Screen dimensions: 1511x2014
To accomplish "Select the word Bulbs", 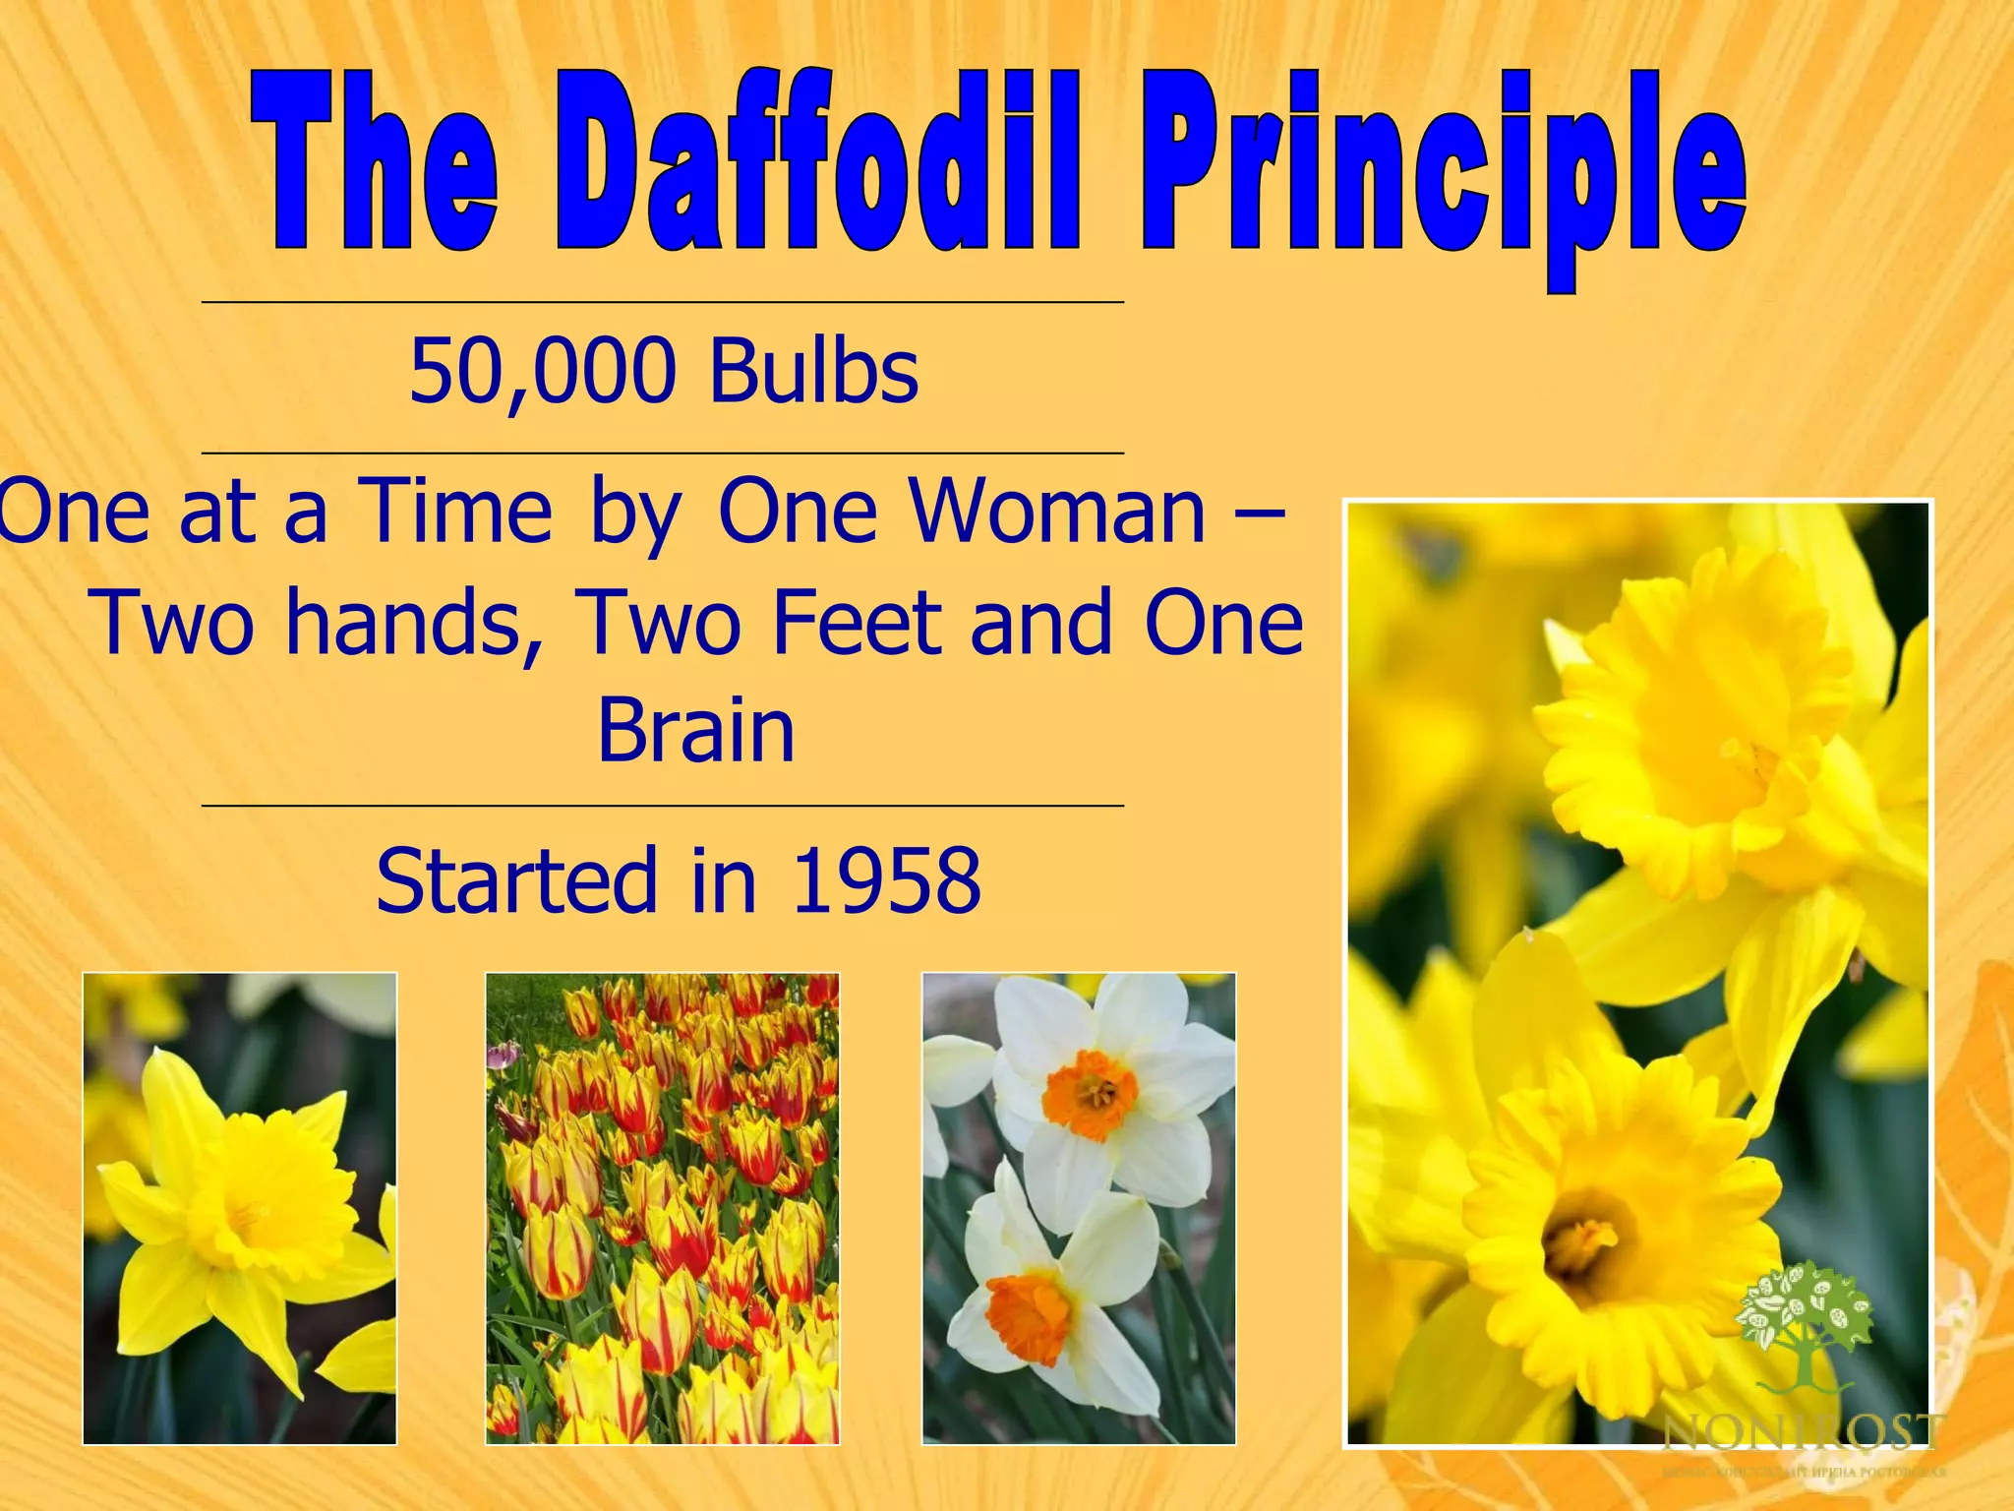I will click(x=814, y=371).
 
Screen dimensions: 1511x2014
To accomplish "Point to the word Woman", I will click(x=1056, y=512).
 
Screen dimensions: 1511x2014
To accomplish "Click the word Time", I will click(x=454, y=512).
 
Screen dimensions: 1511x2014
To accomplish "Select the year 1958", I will click(x=886, y=879).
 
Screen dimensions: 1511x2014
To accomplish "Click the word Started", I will click(x=517, y=879).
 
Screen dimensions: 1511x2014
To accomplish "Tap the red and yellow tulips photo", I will click(x=662, y=1208).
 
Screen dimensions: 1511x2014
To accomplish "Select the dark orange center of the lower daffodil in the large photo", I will click(x=1585, y=1241).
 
